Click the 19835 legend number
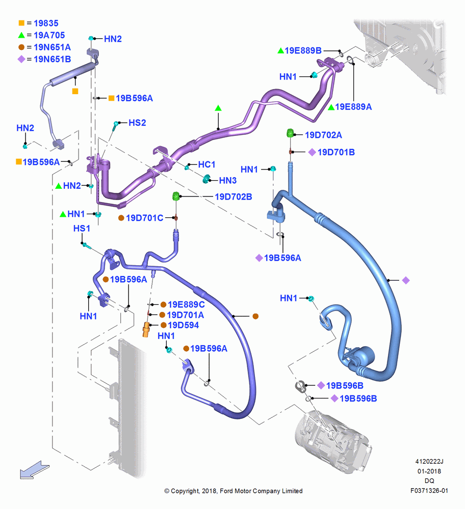coord(46,23)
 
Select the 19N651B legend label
coord(52,59)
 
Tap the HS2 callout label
coord(137,123)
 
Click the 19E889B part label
coord(303,50)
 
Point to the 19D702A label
coord(323,135)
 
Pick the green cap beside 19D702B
coord(175,196)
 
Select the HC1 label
coord(207,164)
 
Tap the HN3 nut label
coord(227,181)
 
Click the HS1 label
coord(82,229)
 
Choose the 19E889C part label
coord(186,304)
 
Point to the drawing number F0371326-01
coord(429,491)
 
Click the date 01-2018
coord(429,471)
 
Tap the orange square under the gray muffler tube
coord(75,91)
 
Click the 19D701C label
coord(145,218)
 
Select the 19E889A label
coord(353,107)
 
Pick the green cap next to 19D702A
coord(290,133)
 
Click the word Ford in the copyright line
coord(227,491)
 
